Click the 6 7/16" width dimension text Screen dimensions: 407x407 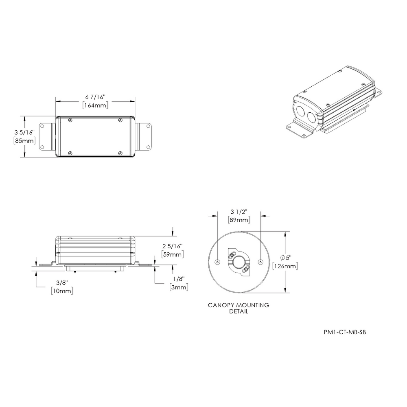(95, 97)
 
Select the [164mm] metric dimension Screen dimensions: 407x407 (95, 105)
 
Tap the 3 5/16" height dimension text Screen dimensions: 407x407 (24, 132)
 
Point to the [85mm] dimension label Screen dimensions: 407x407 (24, 141)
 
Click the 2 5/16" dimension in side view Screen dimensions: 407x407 (173, 246)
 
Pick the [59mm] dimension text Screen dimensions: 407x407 (173, 254)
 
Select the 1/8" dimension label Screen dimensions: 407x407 (179, 279)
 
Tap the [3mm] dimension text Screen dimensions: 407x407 (179, 287)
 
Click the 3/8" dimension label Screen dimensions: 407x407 (62, 283)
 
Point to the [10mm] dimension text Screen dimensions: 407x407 (62, 291)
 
